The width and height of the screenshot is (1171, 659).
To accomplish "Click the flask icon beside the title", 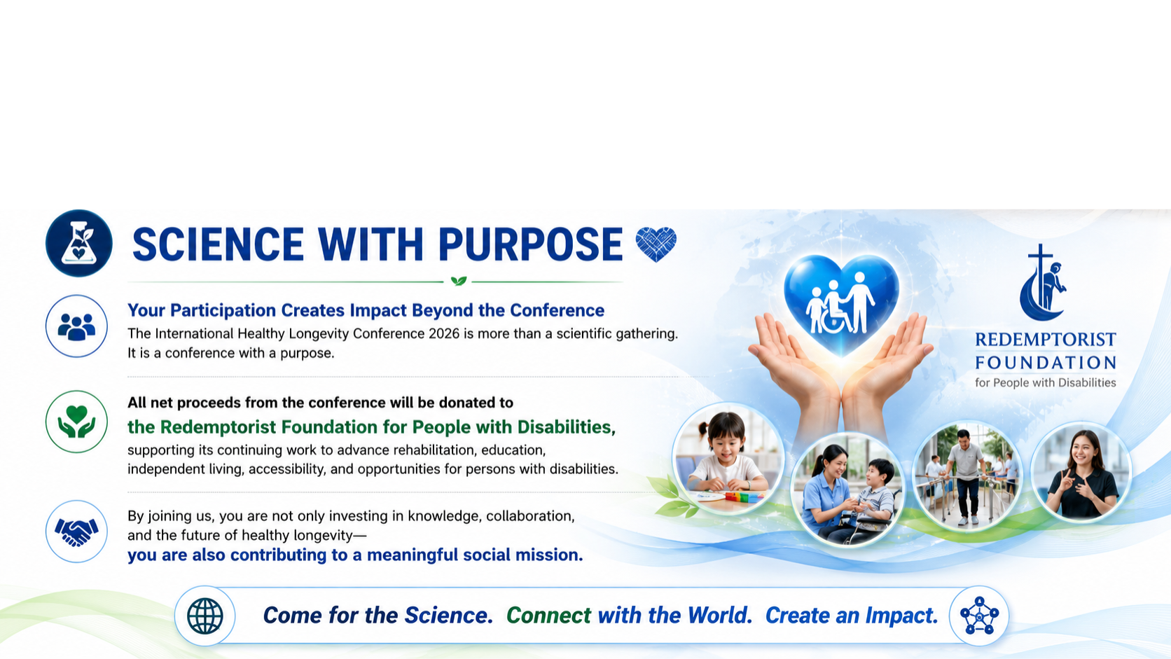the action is coord(78,243).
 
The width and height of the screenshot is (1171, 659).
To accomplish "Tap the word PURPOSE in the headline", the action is coord(530,244).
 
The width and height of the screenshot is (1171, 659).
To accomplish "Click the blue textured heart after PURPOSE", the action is coord(656,244).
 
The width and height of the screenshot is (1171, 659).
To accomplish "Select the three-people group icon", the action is coord(76,326).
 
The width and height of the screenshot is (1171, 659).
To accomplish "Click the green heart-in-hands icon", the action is coord(76,421).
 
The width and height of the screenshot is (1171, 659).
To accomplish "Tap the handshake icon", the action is coord(76,532).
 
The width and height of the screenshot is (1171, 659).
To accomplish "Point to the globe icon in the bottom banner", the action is coord(205,616).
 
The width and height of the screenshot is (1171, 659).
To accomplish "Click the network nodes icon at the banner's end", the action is coord(979,616).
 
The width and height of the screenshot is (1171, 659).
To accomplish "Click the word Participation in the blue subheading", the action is coord(223,310).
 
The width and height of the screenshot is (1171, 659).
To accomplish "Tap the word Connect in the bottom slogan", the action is coord(549,616).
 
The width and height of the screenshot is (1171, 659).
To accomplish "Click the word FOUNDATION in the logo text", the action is coord(1046,362).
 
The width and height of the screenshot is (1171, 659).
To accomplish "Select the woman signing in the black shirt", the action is coord(1082,476).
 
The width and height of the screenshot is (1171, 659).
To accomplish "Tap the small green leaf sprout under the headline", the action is coord(459,281).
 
